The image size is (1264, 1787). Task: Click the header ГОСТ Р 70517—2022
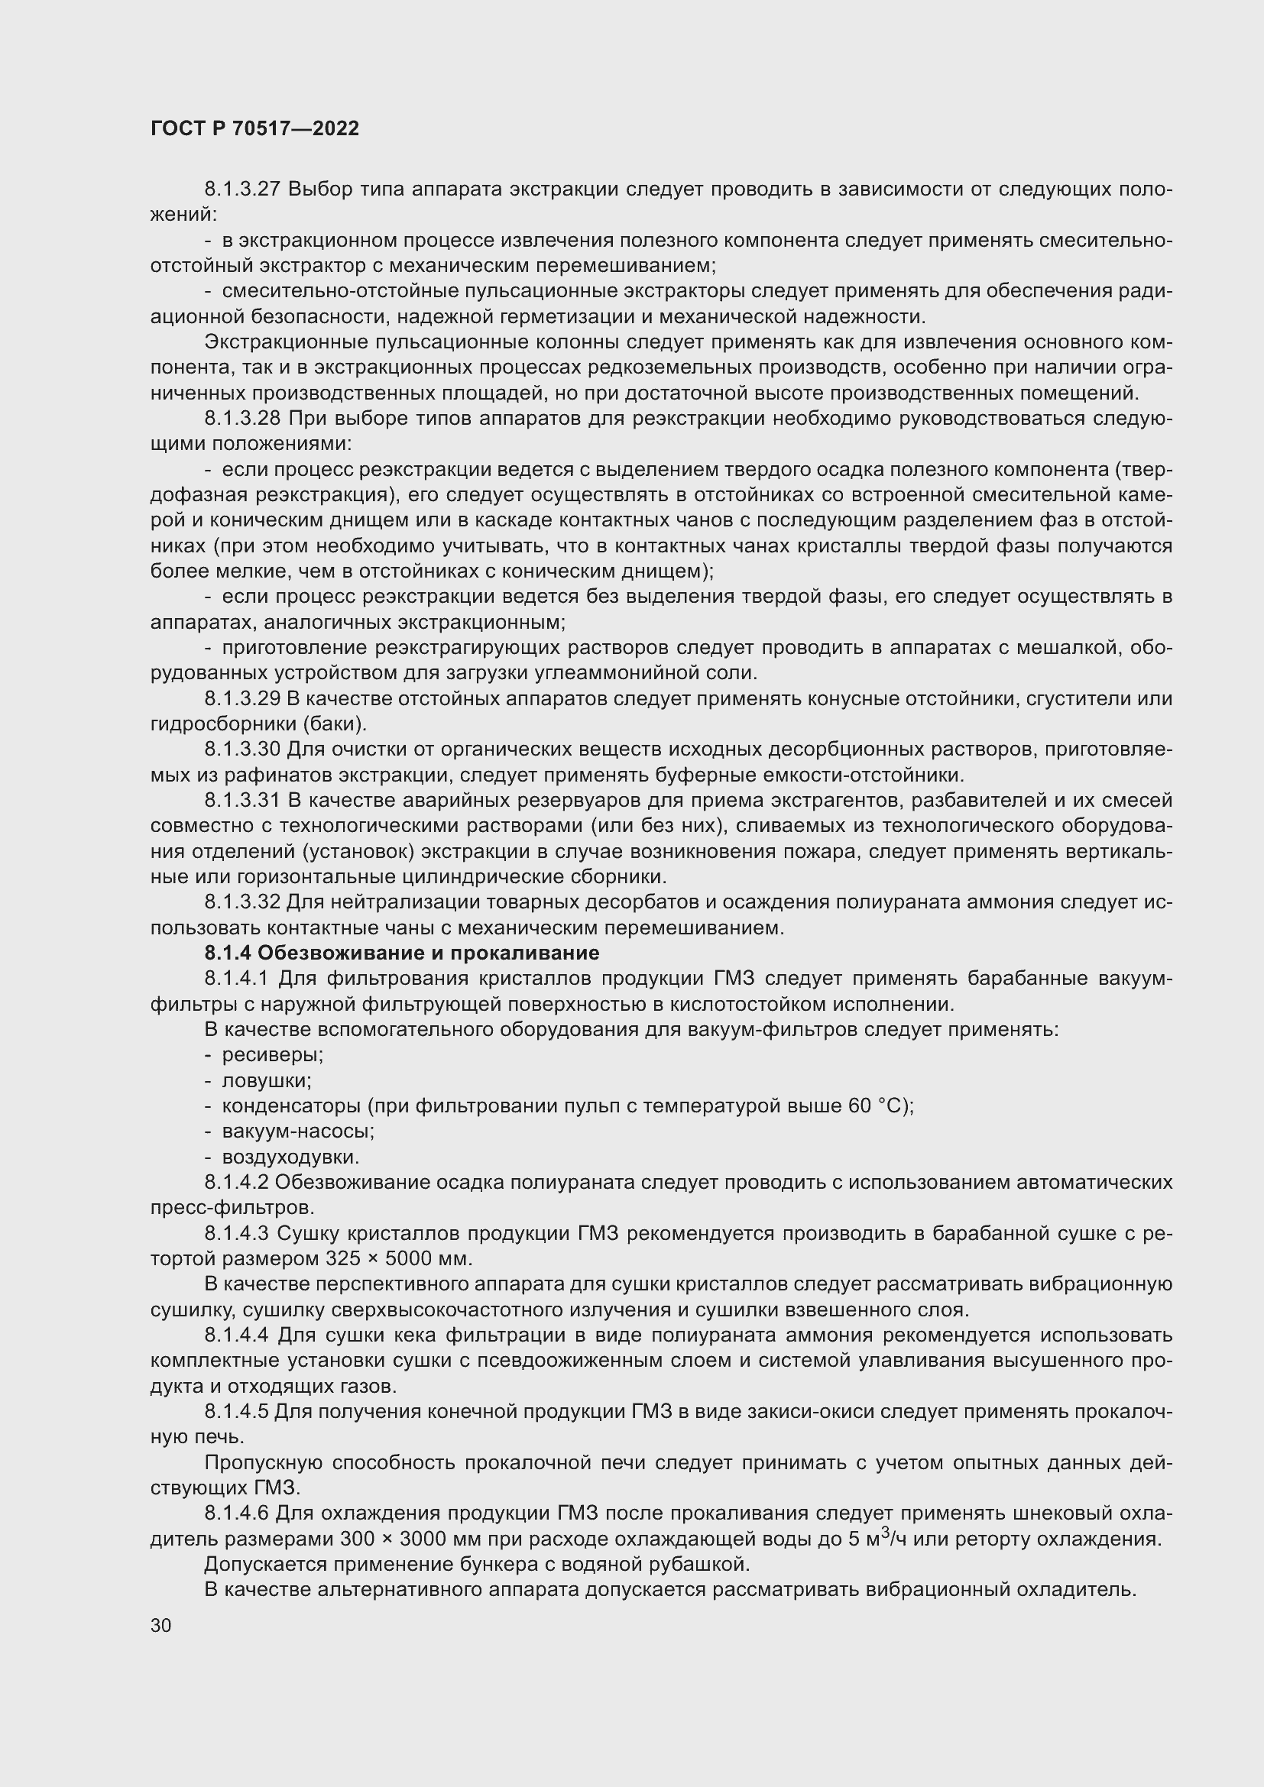(254, 129)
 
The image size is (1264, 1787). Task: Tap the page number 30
(161, 1625)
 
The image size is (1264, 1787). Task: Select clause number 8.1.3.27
(242, 189)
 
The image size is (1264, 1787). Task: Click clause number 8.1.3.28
(242, 419)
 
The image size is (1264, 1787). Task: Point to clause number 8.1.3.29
(242, 699)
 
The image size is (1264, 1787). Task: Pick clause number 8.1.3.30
(242, 749)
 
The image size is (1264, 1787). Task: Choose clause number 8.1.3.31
(242, 801)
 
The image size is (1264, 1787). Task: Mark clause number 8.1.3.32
(242, 903)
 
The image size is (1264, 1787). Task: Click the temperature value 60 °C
(874, 1106)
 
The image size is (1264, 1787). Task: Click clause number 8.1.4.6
(237, 1513)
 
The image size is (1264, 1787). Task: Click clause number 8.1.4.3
(237, 1234)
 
